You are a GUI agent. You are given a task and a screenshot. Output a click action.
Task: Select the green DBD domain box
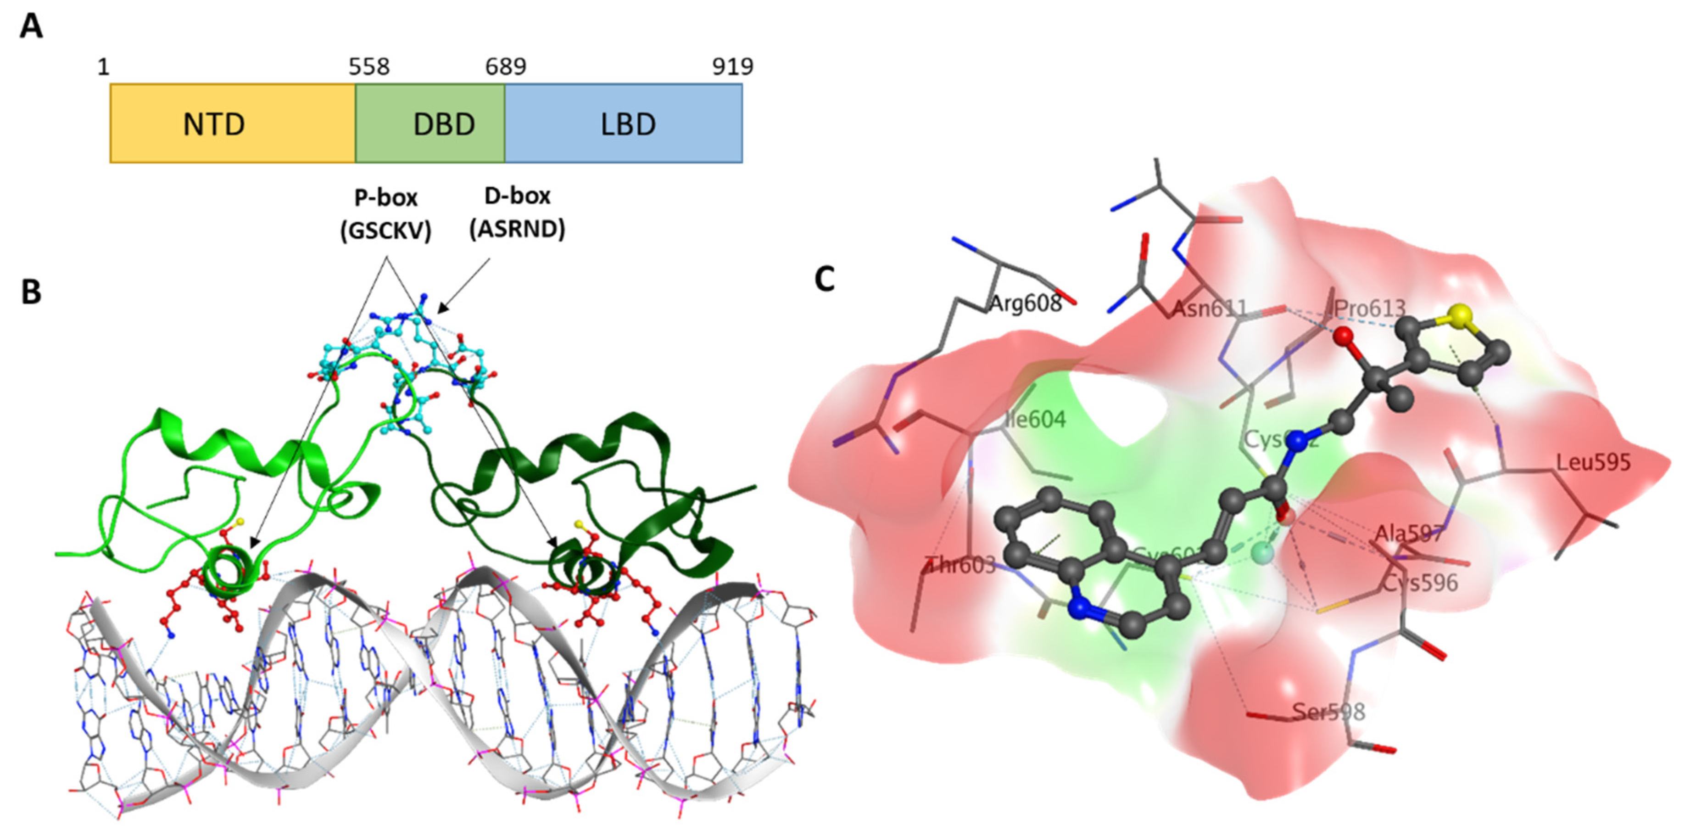coord(430,123)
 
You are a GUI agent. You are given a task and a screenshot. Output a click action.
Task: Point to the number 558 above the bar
coord(369,67)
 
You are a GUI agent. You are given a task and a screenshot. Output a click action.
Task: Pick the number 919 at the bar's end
coord(733,67)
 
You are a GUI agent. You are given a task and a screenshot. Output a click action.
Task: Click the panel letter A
coord(31,28)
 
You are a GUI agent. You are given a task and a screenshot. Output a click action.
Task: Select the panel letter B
coord(31,292)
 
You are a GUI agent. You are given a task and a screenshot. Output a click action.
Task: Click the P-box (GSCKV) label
coord(386,214)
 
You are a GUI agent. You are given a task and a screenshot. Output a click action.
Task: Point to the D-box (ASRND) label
coord(518,213)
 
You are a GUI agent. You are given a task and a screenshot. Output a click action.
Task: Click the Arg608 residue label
coord(1025,303)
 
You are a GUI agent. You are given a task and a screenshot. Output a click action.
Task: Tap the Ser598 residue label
coord(1328,711)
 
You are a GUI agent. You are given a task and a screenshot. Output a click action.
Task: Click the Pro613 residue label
coord(1370,308)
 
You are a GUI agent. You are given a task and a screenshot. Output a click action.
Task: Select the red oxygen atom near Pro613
coord(1344,337)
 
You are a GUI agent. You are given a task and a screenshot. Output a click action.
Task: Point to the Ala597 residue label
coord(1408,534)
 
